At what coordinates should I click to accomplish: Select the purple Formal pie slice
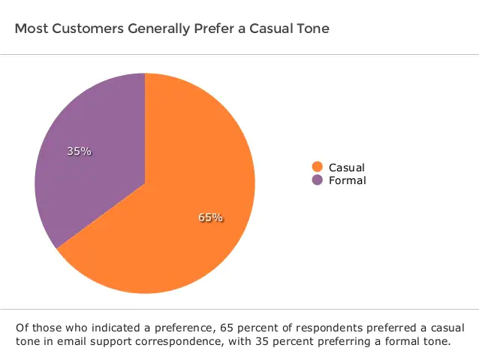pyautogui.click(x=90, y=173)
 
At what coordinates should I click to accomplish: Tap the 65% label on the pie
pyautogui.click(x=210, y=218)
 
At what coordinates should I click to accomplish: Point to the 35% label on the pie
pyautogui.click(x=79, y=151)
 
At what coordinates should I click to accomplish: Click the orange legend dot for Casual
pyautogui.click(x=317, y=168)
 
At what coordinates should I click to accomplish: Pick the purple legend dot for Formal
pyautogui.click(x=317, y=180)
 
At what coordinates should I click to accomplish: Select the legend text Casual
pyautogui.click(x=346, y=168)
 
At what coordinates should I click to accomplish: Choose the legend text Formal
pyautogui.click(x=347, y=180)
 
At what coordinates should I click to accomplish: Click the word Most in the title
pyautogui.click(x=29, y=29)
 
